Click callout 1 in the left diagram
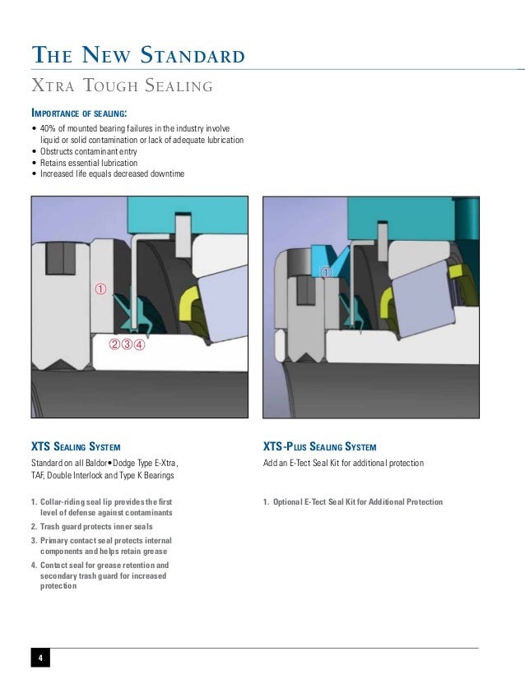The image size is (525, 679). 100,289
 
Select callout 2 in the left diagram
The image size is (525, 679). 114,344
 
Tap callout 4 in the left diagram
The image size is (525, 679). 140,344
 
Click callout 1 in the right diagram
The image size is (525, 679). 326,271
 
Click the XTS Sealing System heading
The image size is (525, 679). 76,447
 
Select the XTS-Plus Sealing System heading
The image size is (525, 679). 319,447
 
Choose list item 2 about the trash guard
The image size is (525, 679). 96,526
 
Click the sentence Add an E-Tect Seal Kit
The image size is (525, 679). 343,464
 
